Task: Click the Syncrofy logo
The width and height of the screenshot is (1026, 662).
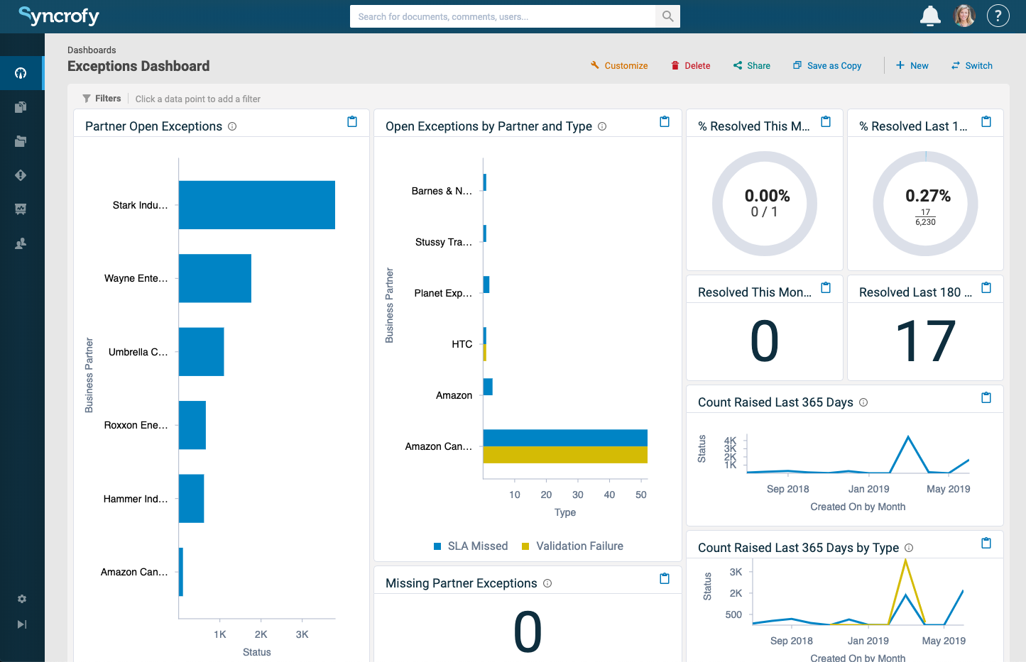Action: coord(59,16)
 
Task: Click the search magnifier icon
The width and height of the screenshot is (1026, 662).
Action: coord(667,16)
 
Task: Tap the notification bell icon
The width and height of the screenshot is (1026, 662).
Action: coord(930,16)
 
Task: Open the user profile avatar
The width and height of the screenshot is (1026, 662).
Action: coord(964,16)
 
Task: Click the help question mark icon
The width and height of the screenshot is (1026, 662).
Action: coord(998,16)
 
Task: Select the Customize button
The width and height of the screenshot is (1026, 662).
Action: coord(619,65)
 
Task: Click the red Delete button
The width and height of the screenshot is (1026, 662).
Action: coord(691,65)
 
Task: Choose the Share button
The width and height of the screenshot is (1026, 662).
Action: coord(752,65)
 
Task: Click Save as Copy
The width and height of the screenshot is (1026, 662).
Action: coord(827,65)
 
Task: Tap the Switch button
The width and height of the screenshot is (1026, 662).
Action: coord(972,65)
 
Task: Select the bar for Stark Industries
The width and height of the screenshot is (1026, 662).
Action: coord(256,205)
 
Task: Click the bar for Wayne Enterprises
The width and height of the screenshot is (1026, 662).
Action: coord(214,278)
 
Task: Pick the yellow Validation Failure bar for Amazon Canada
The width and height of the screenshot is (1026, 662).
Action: coord(565,455)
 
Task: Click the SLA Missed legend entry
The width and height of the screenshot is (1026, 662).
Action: coord(471,546)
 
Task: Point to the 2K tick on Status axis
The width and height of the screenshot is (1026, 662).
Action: coord(261,634)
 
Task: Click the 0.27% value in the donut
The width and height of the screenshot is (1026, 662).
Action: coord(927,196)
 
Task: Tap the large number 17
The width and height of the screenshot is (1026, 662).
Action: coord(925,341)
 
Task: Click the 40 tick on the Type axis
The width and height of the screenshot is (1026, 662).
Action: coord(609,495)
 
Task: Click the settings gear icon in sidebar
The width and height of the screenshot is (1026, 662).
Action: coord(22,599)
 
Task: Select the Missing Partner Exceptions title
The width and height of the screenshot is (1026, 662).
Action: coord(461,583)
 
